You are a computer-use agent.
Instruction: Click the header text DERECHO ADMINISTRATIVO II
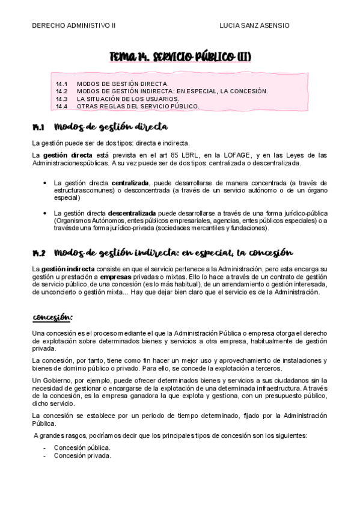73,26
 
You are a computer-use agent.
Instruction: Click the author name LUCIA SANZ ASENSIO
255,26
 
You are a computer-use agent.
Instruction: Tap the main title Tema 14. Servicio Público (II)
180,57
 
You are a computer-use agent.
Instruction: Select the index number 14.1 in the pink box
61,84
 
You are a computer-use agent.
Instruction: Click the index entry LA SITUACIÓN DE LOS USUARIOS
127,99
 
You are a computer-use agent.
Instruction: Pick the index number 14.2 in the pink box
61,91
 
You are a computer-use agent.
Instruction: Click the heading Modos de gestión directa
111,127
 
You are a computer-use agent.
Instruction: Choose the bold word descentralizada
132,213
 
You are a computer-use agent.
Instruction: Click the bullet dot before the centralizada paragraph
46,182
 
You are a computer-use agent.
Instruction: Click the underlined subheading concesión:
52,317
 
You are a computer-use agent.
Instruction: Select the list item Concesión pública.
82,447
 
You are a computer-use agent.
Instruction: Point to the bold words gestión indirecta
67,269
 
